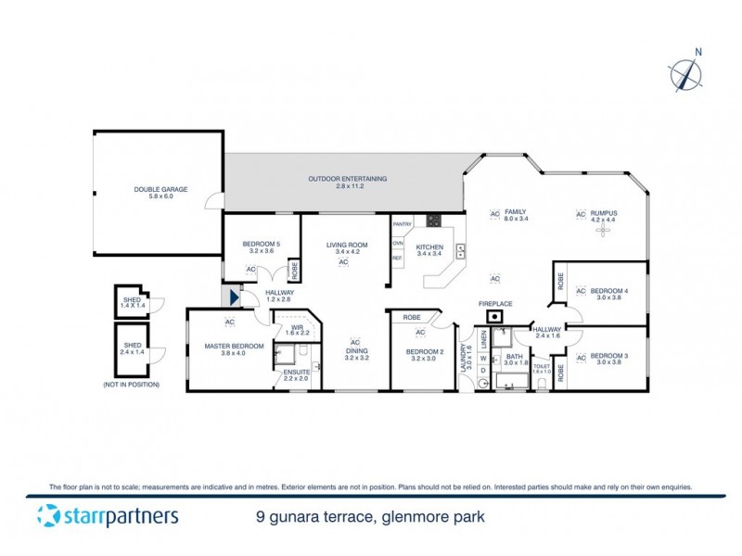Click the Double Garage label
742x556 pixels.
point(160,189)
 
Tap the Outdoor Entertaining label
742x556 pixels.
point(348,178)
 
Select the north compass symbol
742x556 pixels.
point(685,73)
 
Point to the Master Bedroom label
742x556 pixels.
point(235,347)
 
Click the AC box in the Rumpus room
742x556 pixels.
point(582,215)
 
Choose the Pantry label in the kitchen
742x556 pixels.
point(403,224)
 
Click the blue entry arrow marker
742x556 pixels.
point(233,297)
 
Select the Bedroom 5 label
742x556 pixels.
point(261,244)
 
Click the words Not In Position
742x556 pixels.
point(131,384)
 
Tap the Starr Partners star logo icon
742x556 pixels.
point(49,515)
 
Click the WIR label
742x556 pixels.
point(297,328)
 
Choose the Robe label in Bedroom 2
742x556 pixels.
point(410,317)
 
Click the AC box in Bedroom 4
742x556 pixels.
point(581,291)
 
